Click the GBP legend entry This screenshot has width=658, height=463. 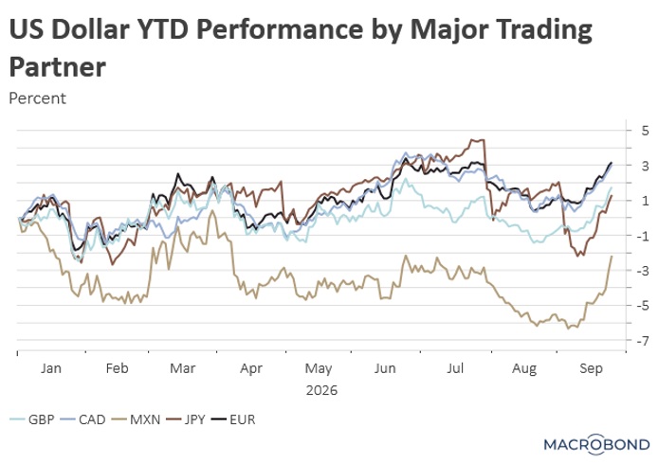coord(32,419)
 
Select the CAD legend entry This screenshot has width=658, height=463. coord(82,419)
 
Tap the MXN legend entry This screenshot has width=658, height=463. coord(136,419)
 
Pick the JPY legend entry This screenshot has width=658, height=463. coord(186,419)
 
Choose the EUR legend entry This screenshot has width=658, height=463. coord(233,419)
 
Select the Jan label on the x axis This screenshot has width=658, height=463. coord(51,368)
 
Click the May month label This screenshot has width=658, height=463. coord(319,369)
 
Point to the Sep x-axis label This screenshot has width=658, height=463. coord(591,369)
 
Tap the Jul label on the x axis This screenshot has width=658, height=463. coord(455,368)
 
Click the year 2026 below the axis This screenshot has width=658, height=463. coord(321,390)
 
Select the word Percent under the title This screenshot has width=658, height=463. coord(37,98)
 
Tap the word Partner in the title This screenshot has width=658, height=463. coord(58,66)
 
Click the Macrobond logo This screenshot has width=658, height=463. coord(596,444)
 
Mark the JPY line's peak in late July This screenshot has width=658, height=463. coord(473,139)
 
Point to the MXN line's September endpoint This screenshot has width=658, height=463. coord(612,256)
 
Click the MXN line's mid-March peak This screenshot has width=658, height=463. coord(212,210)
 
